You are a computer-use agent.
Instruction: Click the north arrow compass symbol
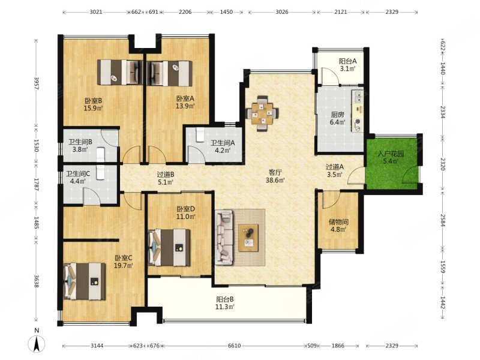37,344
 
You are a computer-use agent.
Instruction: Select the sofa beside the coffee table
224,238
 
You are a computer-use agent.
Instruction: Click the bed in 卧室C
85,281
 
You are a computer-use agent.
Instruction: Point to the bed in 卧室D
169,247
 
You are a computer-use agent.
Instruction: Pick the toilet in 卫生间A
200,135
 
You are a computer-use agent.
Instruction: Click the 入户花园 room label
391,154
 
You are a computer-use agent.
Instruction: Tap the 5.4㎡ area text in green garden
391,161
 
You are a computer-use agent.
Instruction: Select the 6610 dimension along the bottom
234,346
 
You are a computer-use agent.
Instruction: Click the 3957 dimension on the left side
37,83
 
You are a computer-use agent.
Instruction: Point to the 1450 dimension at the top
226,12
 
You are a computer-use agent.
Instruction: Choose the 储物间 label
338,221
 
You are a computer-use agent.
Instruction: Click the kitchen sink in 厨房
357,97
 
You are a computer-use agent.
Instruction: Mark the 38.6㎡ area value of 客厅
275,181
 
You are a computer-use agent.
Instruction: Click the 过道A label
335,167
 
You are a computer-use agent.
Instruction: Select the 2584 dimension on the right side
443,220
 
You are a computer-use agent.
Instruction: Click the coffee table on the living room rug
248,238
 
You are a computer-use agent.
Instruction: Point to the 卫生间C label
78,174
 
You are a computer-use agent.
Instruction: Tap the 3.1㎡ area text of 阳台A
348,68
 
